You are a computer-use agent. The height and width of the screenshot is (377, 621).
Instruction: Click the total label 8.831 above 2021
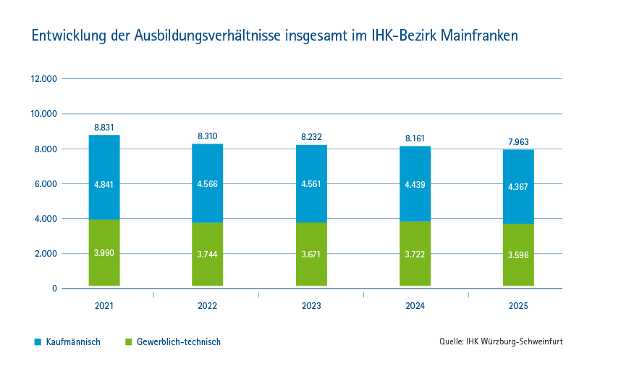click(104, 128)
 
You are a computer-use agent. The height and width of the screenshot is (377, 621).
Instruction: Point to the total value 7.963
click(518, 142)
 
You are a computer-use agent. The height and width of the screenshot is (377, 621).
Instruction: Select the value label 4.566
click(208, 183)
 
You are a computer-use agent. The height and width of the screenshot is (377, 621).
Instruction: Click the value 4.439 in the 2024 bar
click(415, 184)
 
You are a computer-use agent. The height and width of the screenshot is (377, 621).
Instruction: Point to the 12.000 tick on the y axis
click(43, 79)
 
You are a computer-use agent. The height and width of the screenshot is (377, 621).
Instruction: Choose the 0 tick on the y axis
click(54, 289)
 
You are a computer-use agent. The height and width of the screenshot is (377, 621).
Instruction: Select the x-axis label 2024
click(415, 307)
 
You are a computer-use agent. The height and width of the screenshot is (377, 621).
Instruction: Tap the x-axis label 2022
click(208, 307)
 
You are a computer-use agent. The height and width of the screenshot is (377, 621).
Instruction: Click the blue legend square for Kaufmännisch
click(38, 341)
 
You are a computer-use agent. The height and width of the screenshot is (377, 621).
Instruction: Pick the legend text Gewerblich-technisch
click(179, 341)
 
